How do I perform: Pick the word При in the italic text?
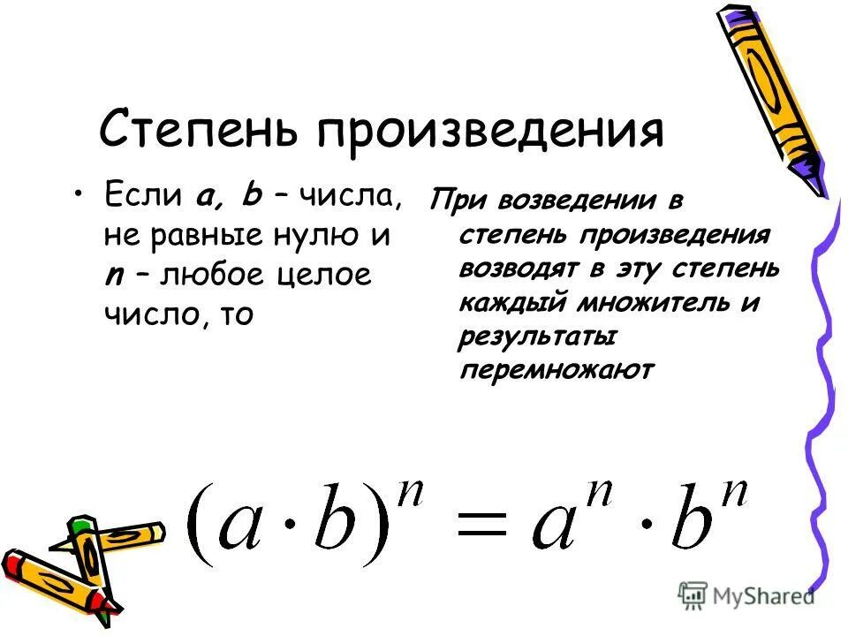[458, 201]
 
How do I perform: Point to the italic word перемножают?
[556, 370]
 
